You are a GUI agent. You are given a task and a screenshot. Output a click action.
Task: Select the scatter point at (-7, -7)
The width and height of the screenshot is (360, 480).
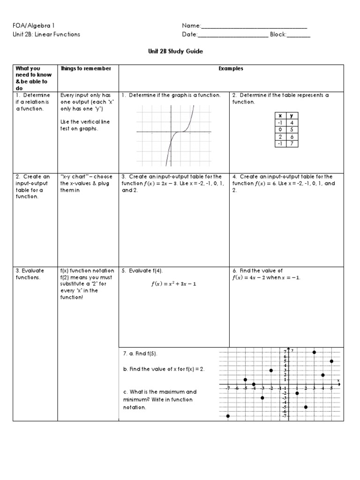coord(228,416)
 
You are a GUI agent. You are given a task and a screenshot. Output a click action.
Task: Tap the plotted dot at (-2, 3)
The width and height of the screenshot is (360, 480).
coord(271,370)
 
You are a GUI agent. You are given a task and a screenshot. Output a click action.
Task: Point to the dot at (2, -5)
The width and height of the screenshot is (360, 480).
coord(306,407)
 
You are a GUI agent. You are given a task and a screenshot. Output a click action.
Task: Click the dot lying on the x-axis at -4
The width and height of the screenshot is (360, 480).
coord(254,384)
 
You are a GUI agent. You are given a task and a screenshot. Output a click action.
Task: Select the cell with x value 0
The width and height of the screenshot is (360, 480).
coord(280,129)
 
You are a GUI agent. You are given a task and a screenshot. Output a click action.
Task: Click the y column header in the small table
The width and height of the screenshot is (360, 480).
coord(292,116)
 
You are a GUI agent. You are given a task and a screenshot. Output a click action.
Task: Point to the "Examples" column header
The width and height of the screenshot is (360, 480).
coord(231,69)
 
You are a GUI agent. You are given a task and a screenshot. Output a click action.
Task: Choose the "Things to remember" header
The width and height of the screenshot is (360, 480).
coord(86,69)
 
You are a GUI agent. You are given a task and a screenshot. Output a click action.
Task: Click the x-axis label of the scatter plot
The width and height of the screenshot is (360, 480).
coord(338,380)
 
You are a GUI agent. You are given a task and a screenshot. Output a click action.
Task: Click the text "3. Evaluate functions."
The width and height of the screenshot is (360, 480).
coord(30,274)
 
